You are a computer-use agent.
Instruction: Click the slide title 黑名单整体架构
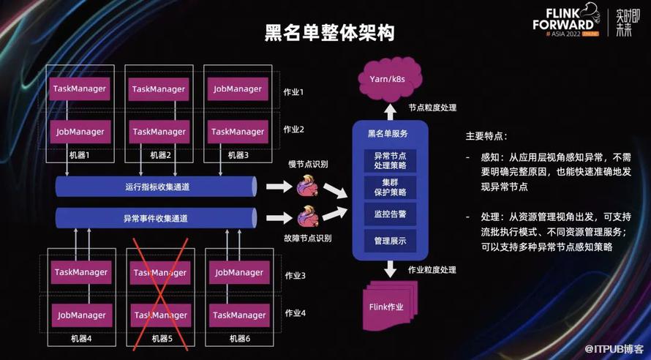click(325, 34)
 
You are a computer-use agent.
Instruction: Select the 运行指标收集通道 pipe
click(157, 187)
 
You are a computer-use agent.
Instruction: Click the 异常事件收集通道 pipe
click(157, 218)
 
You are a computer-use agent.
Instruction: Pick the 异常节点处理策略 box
click(390, 160)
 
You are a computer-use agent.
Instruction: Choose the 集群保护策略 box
click(390, 187)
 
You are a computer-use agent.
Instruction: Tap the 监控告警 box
click(390, 214)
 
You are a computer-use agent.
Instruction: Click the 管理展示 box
click(390, 240)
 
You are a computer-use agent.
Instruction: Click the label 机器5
click(161, 338)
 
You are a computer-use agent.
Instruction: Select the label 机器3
click(238, 155)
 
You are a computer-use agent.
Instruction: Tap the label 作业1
click(293, 92)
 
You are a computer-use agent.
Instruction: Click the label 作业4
click(295, 313)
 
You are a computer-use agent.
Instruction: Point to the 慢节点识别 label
click(309, 164)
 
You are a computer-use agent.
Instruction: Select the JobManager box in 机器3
click(238, 89)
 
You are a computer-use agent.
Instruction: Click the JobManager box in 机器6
click(238, 272)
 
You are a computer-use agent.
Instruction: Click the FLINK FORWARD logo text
click(570, 22)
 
